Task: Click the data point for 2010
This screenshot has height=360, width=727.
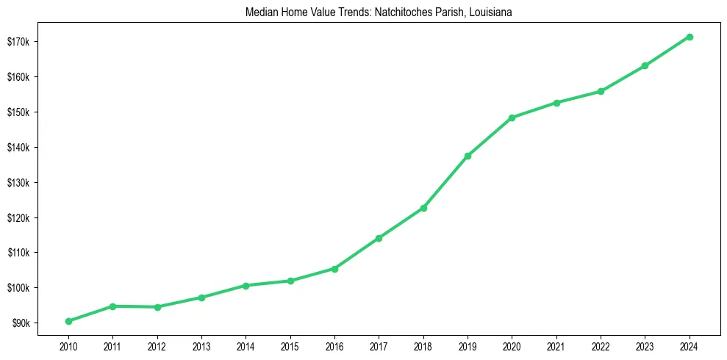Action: point(68,321)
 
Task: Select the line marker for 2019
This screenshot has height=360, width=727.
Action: point(468,156)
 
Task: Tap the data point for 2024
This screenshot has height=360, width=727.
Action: point(690,37)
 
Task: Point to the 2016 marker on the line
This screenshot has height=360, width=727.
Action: point(334,269)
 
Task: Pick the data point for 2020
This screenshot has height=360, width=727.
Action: point(512,118)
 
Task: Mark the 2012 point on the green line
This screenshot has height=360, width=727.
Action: point(157,307)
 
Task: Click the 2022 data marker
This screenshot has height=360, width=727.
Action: point(601,91)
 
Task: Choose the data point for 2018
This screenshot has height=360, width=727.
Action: point(423,208)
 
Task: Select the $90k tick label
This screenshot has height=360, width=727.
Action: point(19,323)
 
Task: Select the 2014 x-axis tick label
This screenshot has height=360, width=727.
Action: point(246,345)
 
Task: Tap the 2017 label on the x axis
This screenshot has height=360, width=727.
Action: point(379,345)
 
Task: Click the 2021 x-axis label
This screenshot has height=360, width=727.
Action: point(556,345)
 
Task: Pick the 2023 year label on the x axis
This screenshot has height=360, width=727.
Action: point(645,345)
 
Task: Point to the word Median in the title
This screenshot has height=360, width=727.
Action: point(251,12)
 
